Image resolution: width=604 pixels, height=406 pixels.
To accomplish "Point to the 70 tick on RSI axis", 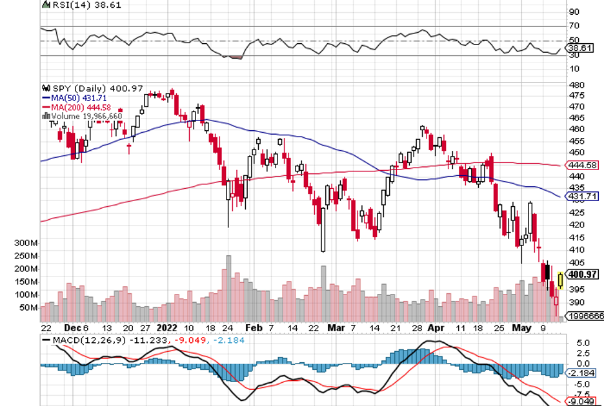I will click(573, 26).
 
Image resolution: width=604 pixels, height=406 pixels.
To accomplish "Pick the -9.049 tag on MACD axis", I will click(580, 400).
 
